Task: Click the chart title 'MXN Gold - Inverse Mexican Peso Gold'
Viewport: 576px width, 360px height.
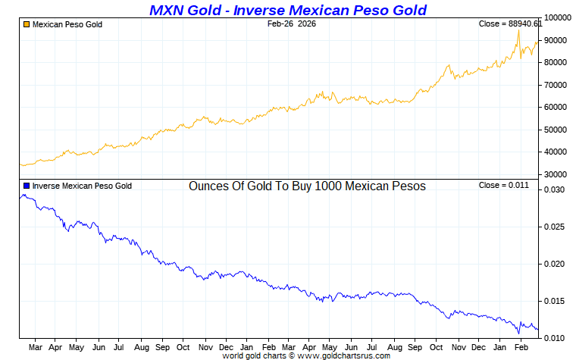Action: click(288, 10)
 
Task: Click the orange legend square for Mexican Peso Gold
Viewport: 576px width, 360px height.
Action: click(27, 24)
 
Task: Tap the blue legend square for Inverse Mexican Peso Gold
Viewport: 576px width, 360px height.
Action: click(27, 186)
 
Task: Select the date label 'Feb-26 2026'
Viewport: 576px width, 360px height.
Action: click(292, 24)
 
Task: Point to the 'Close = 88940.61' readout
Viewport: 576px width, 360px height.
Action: click(511, 24)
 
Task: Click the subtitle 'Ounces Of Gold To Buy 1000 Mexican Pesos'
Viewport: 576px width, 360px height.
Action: click(307, 186)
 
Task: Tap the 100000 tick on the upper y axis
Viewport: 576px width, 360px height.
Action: click(557, 17)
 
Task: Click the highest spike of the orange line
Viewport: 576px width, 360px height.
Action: click(518, 30)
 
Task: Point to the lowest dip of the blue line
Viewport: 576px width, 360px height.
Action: click(519, 333)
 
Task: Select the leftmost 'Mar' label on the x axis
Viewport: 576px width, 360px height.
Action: click(35, 347)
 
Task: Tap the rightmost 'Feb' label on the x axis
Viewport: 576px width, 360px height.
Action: click(521, 347)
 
